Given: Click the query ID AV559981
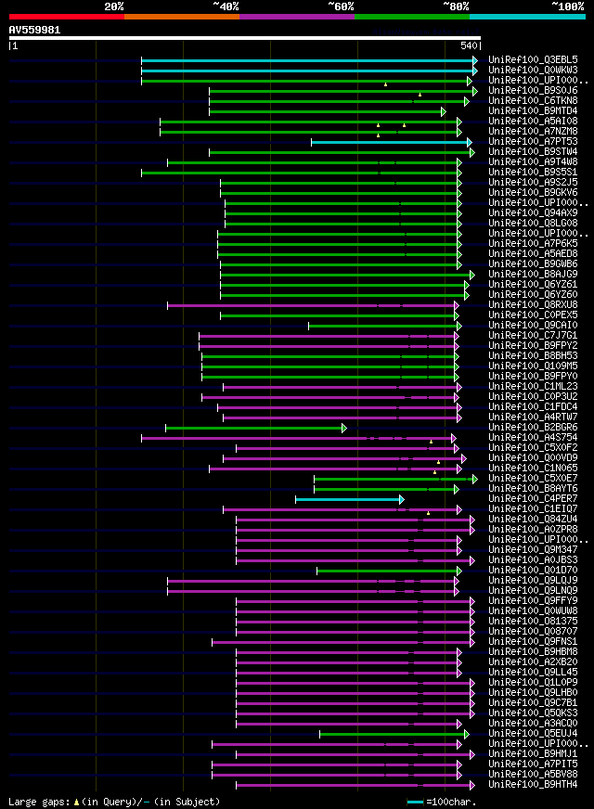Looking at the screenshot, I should coord(34,30).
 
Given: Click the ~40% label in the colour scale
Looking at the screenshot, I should coord(226,6).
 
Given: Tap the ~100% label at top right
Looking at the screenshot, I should coord(567,6).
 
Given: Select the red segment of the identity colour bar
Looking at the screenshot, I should coord(66,16).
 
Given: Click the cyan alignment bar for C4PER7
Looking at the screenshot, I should coord(349,499).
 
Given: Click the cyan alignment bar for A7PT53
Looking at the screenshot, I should coord(391,142).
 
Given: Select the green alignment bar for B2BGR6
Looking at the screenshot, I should coord(254,428).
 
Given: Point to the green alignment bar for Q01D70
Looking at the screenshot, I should coord(388,571).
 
